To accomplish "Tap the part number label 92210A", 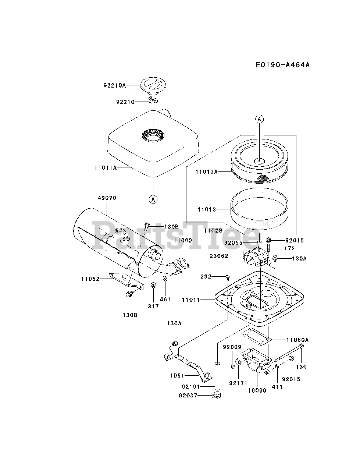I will click(114, 85).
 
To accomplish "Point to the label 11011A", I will click(106, 167).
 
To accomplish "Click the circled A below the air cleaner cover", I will click(153, 199).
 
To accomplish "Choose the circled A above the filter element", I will click(259, 119).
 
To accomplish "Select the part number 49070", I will click(107, 198).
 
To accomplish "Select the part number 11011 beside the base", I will click(191, 300).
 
